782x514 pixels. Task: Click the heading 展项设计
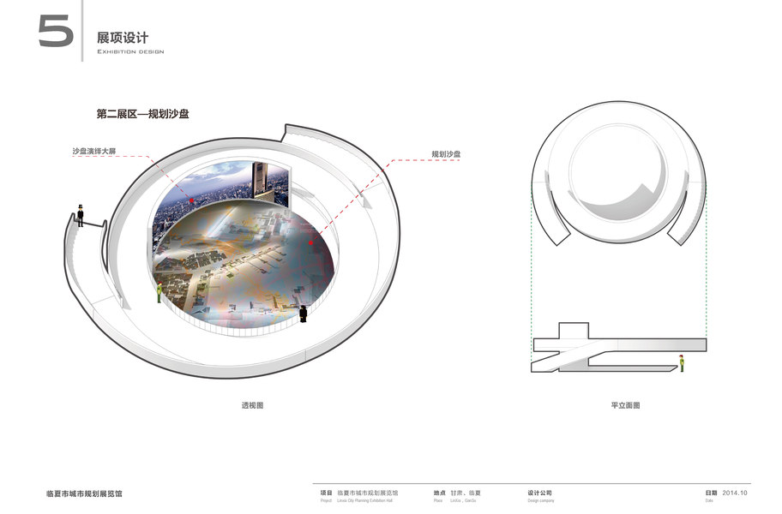point(123,38)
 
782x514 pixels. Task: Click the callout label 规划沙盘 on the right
point(446,155)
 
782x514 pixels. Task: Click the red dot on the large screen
point(192,199)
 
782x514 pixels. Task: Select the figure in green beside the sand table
point(159,293)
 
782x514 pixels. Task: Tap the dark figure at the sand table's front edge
point(304,314)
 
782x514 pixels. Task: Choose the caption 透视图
point(252,405)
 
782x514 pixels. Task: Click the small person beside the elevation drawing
point(682,363)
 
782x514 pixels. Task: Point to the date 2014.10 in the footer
point(736,493)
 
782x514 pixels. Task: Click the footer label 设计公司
point(540,493)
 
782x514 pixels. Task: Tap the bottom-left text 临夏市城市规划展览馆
point(84,494)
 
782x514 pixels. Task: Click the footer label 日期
point(711,493)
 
